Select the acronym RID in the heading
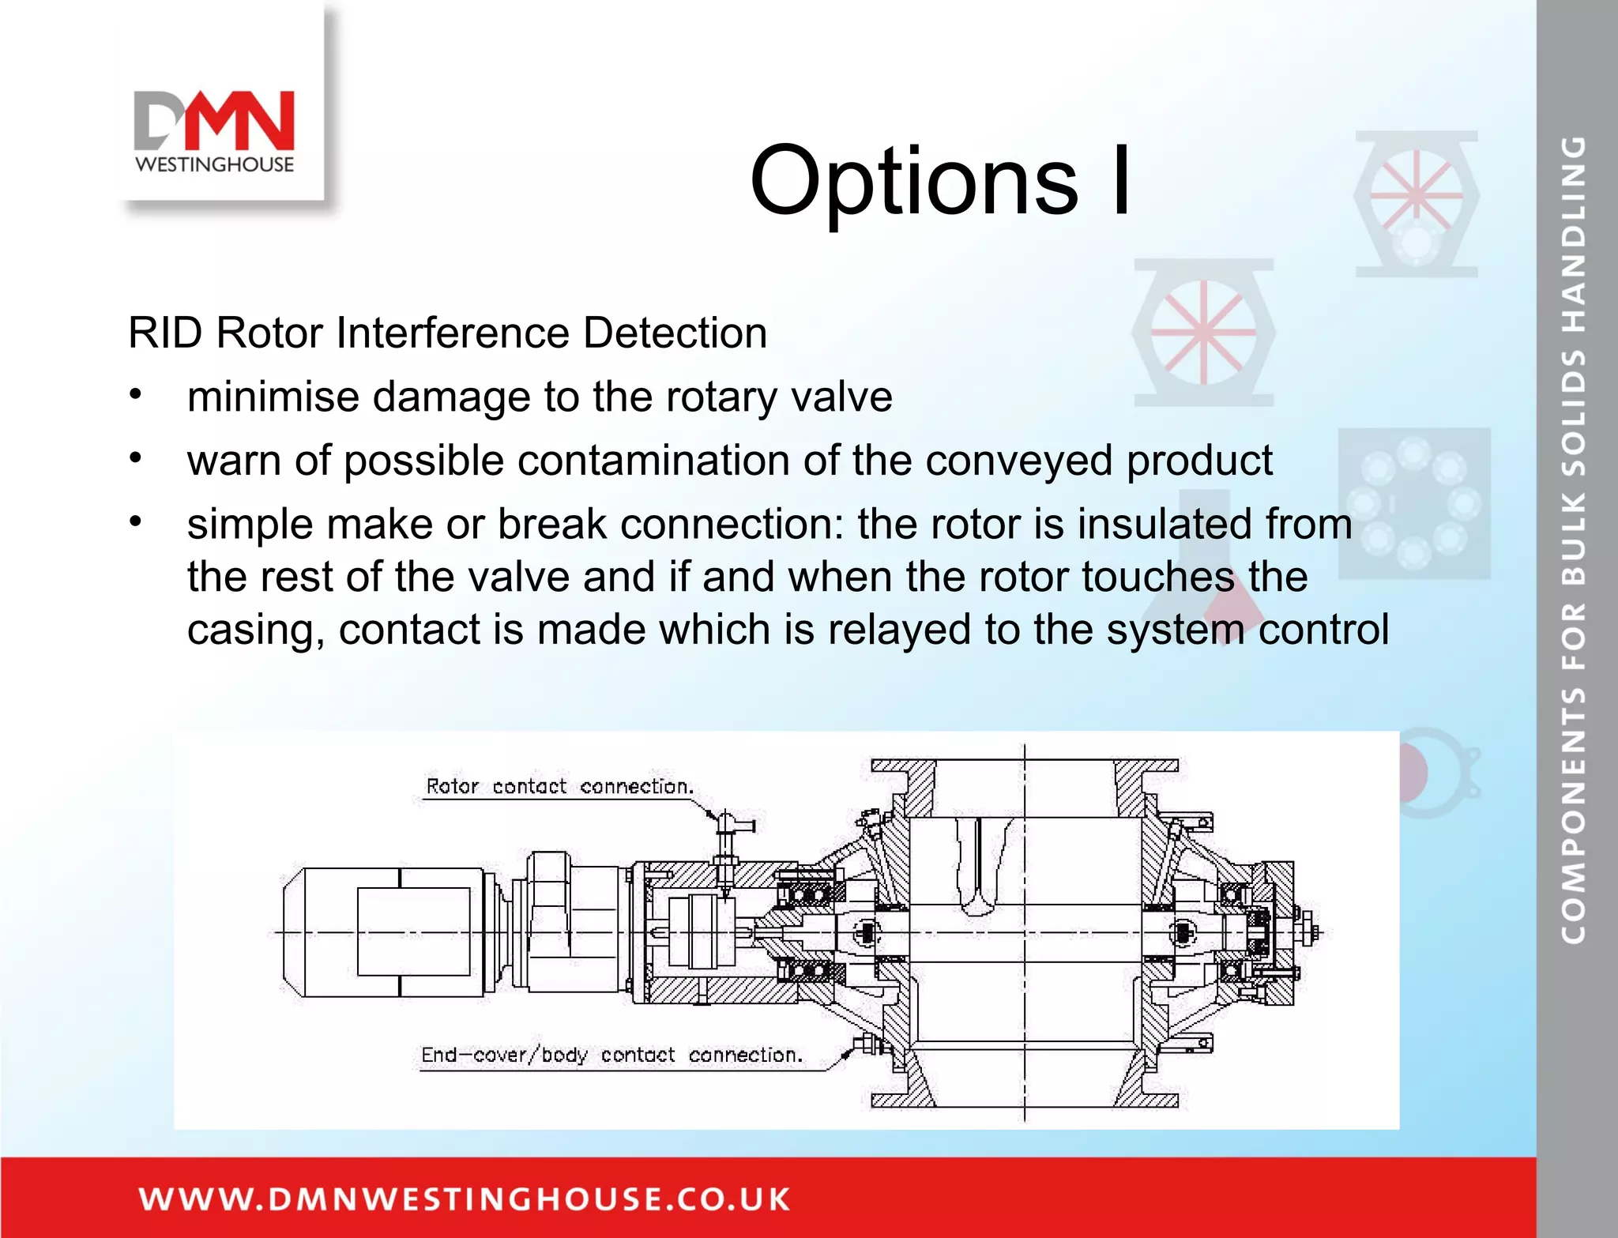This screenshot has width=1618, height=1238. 165,333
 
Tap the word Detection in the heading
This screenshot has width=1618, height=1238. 675,333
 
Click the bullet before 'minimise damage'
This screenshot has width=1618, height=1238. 136,393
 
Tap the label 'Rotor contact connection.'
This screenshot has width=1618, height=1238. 559,786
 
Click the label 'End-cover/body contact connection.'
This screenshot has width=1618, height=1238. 611,1055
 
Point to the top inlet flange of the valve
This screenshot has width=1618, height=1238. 1024,766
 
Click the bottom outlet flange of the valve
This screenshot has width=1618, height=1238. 1024,1100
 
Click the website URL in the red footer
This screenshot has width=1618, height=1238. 465,1198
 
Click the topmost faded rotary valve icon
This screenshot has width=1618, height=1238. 1416,203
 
